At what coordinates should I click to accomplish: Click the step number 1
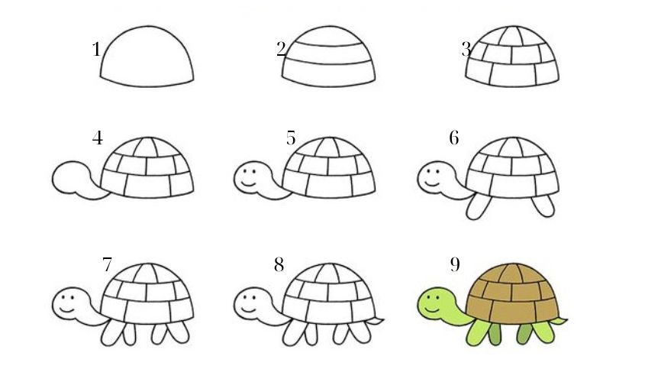click(x=96, y=50)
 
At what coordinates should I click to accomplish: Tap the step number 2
click(x=282, y=50)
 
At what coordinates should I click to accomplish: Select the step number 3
click(x=466, y=50)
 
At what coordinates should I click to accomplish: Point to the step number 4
click(x=98, y=138)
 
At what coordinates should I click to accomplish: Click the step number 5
click(x=291, y=138)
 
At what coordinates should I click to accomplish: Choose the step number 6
click(x=453, y=138)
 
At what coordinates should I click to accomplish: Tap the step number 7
click(x=107, y=264)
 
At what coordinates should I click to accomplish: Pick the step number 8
click(x=279, y=264)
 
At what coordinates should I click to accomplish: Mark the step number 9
click(x=454, y=264)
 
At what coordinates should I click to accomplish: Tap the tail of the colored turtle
click(x=560, y=321)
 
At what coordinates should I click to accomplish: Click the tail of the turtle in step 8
click(x=376, y=321)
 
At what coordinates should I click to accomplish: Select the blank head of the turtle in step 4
click(x=70, y=177)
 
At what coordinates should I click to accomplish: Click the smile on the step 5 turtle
click(x=248, y=183)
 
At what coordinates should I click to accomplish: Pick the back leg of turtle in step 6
click(x=543, y=206)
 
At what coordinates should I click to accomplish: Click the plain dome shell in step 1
click(x=147, y=57)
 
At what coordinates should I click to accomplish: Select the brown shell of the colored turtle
click(x=513, y=293)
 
